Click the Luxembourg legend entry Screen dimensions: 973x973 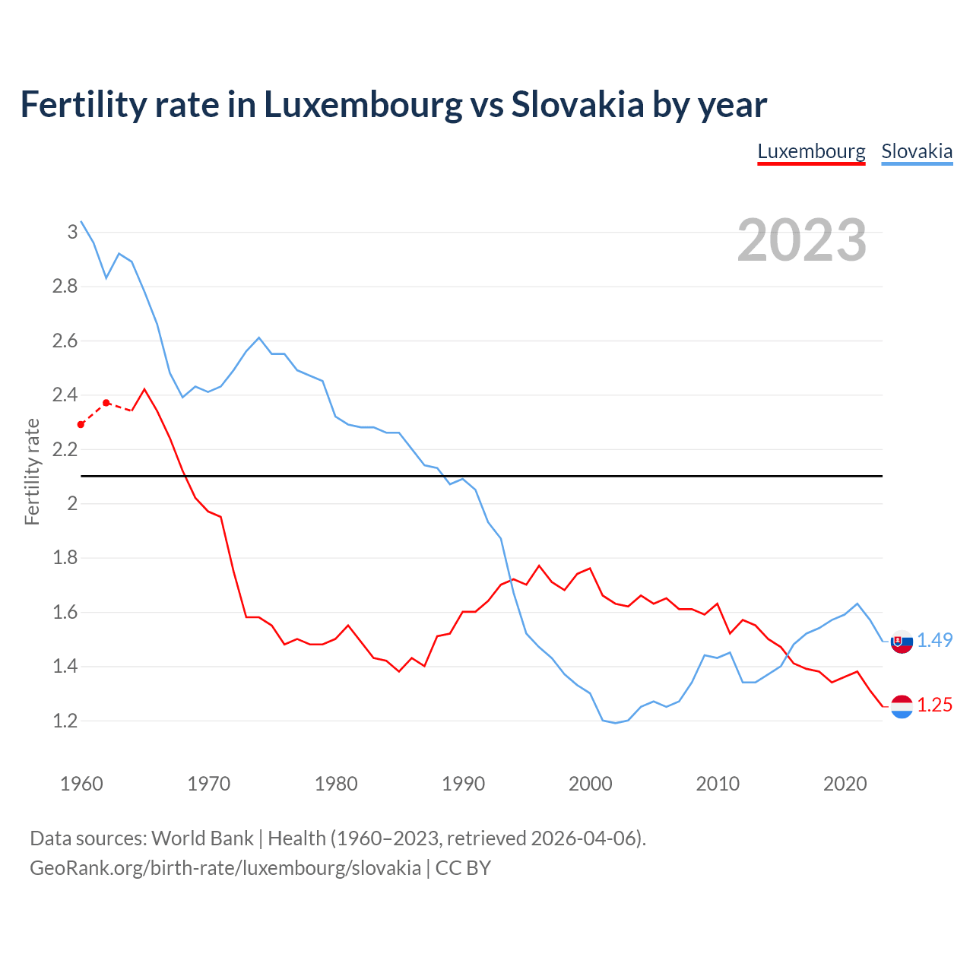(811, 151)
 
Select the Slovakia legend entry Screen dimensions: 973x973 (917, 151)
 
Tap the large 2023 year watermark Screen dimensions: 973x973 (802, 240)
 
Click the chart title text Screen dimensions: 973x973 (393, 104)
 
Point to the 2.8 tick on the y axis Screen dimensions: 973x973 (65, 287)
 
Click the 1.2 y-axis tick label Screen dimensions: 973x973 (65, 721)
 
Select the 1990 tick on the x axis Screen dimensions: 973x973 (463, 784)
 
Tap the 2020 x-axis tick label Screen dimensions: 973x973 (845, 784)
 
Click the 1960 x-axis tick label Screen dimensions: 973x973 (81, 784)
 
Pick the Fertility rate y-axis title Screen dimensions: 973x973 (32, 471)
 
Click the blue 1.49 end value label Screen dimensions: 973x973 (934, 640)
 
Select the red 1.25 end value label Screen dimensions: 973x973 (934, 705)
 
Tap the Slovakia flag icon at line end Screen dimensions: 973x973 (902, 642)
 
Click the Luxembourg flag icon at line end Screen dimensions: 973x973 (902, 706)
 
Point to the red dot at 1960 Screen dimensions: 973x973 (81, 425)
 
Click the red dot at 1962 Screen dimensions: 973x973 (106, 403)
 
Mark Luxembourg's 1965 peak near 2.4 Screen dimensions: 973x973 (144, 389)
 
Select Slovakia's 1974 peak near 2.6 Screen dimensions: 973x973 (259, 338)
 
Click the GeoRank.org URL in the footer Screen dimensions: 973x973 (225, 868)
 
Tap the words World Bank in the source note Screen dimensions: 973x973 (202, 838)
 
